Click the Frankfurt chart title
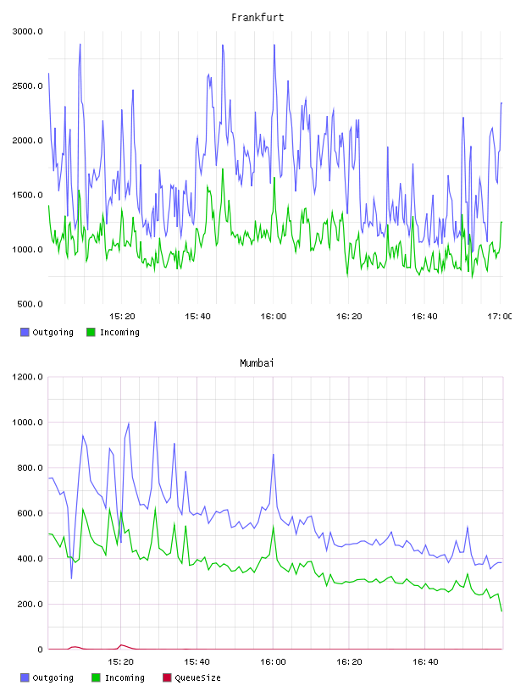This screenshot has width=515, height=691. [x=257, y=17]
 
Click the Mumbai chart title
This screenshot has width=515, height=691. [x=257, y=362]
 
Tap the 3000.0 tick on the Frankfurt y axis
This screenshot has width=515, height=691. [x=28, y=31]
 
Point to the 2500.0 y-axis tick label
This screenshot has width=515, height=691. [x=28, y=86]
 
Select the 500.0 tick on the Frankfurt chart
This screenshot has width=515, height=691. [x=30, y=304]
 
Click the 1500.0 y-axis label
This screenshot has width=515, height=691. [x=28, y=196]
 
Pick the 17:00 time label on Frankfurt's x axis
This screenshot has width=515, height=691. [x=500, y=316]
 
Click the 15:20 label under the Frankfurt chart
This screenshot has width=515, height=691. [x=122, y=316]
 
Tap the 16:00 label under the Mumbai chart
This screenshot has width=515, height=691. [x=273, y=661]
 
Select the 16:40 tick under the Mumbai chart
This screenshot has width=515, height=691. [x=425, y=661]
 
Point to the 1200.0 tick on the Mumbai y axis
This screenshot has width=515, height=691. [x=28, y=377]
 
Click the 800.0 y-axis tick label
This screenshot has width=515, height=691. [x=30, y=467]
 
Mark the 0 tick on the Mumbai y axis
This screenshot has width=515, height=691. [x=40, y=650]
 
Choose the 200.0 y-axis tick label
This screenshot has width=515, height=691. [x=30, y=604]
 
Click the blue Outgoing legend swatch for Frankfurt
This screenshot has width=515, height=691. [x=25, y=332]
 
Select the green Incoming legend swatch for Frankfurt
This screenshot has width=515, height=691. [x=91, y=332]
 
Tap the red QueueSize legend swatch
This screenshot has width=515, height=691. [x=167, y=677]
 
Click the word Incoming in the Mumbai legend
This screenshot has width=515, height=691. [x=125, y=677]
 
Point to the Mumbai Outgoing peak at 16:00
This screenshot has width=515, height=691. [x=274, y=455]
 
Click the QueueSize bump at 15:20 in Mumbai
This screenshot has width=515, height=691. [x=121, y=645]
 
